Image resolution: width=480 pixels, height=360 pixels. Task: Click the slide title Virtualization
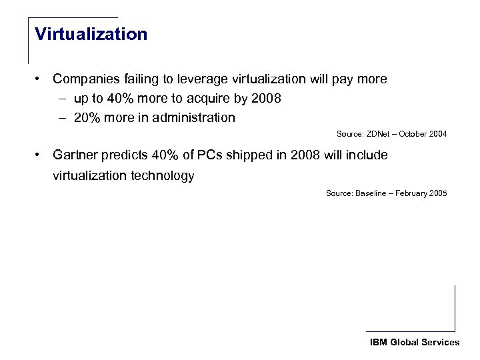(x=91, y=34)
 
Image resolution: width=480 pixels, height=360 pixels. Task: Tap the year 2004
(x=437, y=134)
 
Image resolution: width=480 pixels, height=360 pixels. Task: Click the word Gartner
(x=75, y=156)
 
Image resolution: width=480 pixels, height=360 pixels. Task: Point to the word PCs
(x=197, y=156)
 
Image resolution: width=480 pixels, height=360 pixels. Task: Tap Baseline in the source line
(x=371, y=193)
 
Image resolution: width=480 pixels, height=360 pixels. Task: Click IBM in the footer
(x=378, y=342)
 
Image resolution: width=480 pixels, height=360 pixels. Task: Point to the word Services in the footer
(x=440, y=342)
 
